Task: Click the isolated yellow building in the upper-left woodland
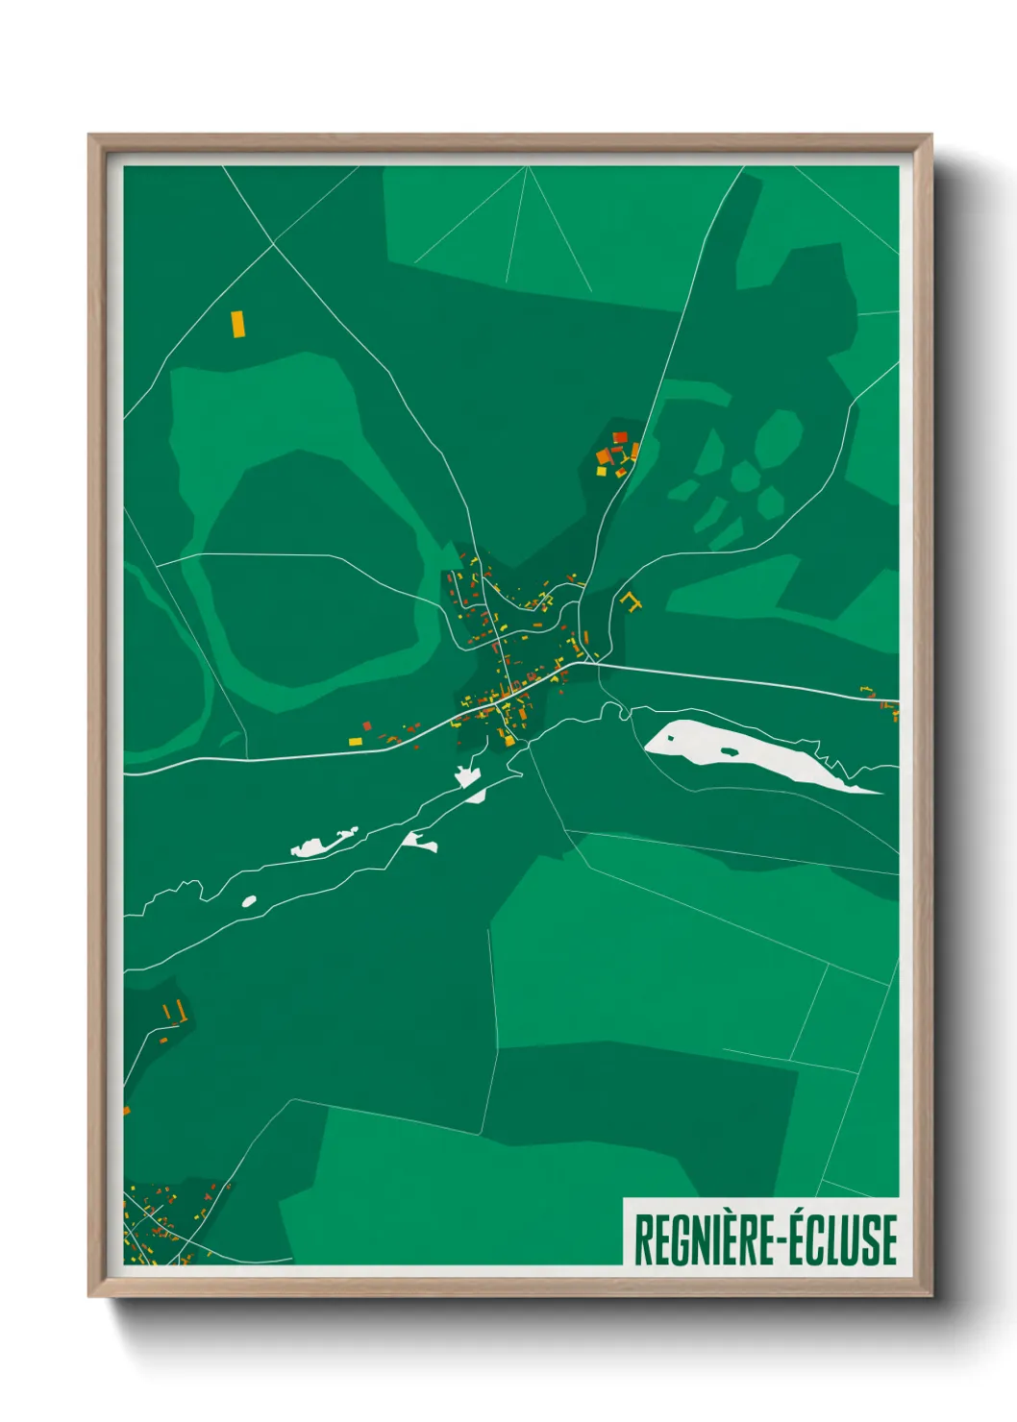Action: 238,323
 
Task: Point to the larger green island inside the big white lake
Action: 728,749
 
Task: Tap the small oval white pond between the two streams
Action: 249,901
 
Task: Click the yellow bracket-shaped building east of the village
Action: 631,601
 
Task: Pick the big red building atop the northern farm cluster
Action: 620,437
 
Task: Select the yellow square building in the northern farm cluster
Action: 602,471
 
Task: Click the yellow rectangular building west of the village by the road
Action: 355,741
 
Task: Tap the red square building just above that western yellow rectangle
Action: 366,725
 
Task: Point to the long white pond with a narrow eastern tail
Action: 322,844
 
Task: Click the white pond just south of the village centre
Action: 469,776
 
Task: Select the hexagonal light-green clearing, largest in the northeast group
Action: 778,438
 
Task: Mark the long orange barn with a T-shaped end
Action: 179,1012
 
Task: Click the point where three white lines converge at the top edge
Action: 528,166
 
